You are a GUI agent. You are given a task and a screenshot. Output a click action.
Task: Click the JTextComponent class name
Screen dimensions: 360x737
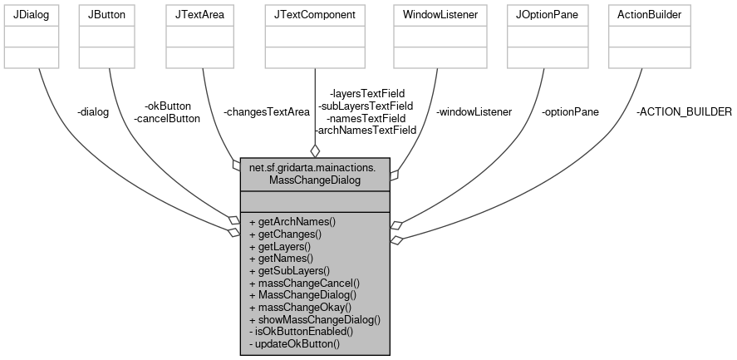pos(315,16)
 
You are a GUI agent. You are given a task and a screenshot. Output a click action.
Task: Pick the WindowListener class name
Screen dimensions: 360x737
pos(440,16)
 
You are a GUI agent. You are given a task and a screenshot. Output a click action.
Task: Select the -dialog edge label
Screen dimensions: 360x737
pos(92,112)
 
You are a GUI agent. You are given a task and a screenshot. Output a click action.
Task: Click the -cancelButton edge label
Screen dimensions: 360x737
pos(167,118)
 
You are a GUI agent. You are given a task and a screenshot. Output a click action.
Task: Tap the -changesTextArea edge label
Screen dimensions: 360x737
pos(267,112)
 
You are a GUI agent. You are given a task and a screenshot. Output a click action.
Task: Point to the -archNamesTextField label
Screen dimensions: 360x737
pos(365,131)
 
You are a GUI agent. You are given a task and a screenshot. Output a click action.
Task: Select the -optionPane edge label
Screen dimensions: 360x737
pos(569,112)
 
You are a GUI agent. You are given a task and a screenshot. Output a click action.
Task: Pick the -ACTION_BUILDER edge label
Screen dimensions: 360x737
pos(684,112)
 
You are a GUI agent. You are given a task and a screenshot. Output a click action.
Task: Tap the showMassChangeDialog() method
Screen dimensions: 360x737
pos(315,319)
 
